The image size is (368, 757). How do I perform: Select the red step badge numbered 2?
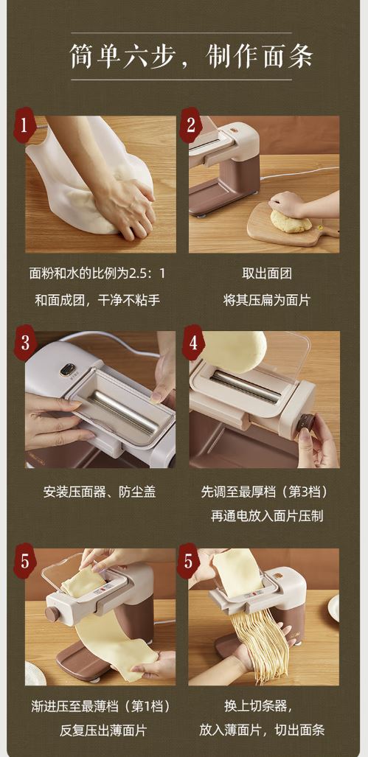(191, 126)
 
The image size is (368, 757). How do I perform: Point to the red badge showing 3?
(25, 343)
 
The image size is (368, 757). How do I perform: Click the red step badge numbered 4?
(193, 343)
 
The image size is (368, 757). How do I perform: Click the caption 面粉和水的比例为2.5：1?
(97, 274)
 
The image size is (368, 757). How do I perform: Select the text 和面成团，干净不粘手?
(97, 300)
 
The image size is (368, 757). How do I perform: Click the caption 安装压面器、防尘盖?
(100, 492)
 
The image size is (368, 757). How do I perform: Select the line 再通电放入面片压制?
(266, 516)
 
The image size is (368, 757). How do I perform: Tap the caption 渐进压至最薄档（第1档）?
(100, 706)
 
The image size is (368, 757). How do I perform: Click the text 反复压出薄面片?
(100, 730)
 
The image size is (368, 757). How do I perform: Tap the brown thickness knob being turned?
(305, 423)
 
